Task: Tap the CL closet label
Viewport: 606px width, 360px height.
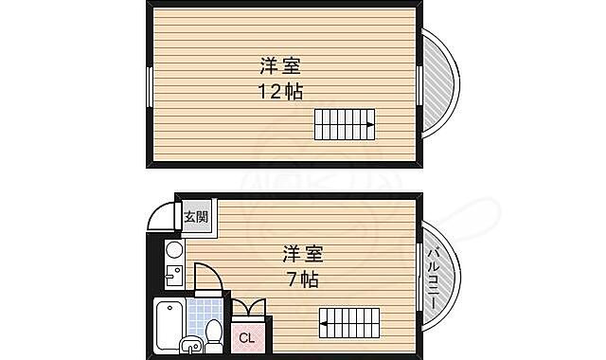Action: tap(245, 337)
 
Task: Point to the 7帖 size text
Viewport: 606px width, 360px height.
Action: tap(303, 279)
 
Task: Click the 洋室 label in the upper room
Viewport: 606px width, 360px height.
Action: tap(281, 66)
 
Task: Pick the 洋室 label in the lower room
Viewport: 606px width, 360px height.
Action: tap(303, 254)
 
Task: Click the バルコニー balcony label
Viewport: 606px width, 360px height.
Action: tap(432, 275)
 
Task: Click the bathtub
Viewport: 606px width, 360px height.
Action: tap(169, 324)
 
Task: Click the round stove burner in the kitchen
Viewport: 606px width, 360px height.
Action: tap(173, 250)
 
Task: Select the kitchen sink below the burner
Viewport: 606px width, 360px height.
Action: tap(173, 278)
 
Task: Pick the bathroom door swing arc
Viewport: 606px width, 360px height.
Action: tap(208, 277)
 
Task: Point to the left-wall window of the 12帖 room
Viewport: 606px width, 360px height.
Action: tap(149, 86)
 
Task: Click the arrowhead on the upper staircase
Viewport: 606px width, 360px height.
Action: tap(370, 123)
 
